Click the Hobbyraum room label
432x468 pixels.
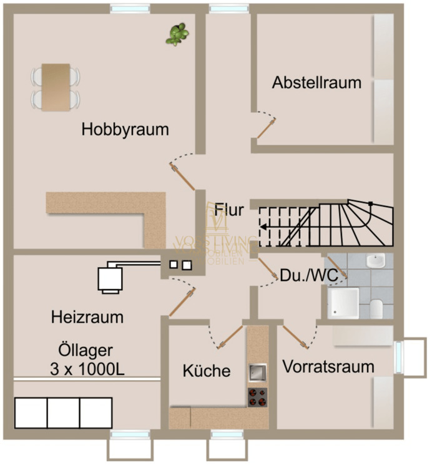[x=125, y=130]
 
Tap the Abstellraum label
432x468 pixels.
[x=317, y=82]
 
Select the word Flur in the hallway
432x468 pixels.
[x=229, y=210]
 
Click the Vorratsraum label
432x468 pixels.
[x=328, y=366]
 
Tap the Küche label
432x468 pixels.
[x=207, y=371]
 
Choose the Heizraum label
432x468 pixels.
[x=87, y=316]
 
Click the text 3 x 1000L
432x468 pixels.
[x=87, y=369]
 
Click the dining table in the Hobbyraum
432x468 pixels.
[x=56, y=87]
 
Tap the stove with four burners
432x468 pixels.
[x=257, y=396]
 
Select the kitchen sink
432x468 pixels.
[x=257, y=373]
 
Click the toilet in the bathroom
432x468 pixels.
[x=376, y=308]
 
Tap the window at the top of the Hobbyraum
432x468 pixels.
[x=130, y=9]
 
